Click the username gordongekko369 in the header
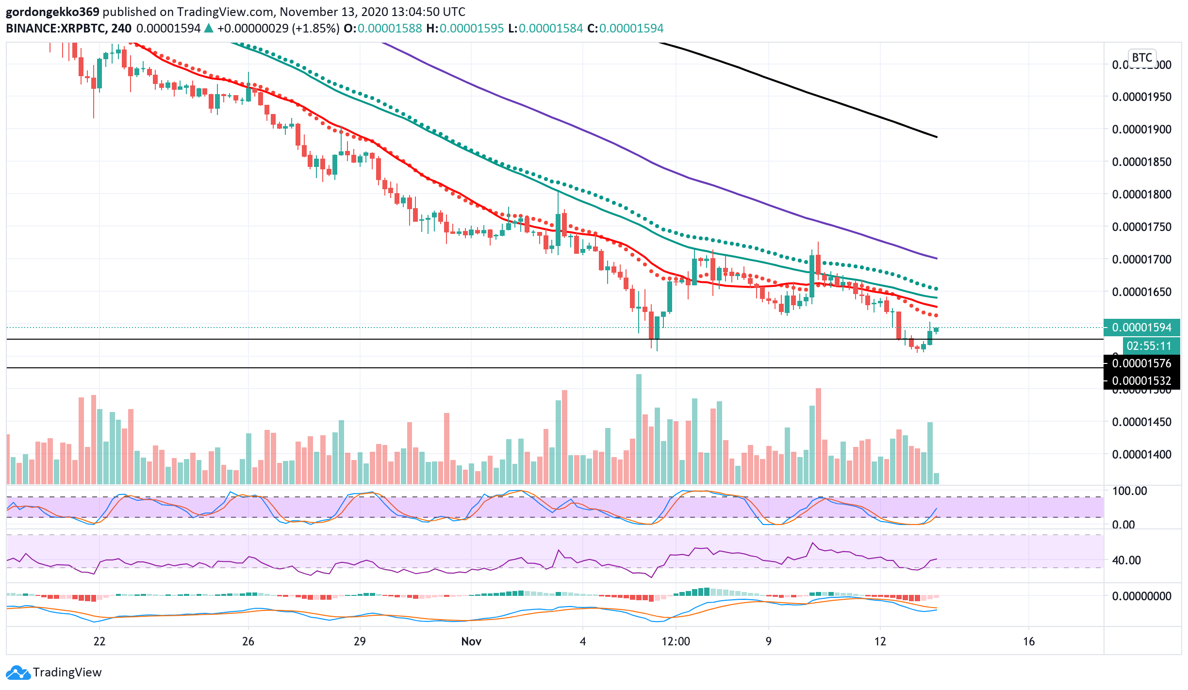[x=52, y=12]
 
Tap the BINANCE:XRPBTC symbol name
[x=56, y=28]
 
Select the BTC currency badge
[x=1142, y=58]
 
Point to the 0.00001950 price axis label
[x=1141, y=97]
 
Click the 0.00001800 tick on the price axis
[x=1141, y=195]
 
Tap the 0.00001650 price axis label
[x=1141, y=292]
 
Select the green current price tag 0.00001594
[x=1141, y=328]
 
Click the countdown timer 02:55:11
[x=1149, y=346]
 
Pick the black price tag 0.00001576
[x=1141, y=363]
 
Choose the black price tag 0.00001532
[x=1141, y=381]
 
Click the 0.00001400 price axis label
[x=1141, y=455]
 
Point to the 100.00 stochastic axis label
[x=1129, y=491]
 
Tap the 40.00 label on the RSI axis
[x=1126, y=560]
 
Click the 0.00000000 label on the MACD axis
[x=1141, y=596]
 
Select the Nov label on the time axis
[x=471, y=641]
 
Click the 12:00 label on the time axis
[x=676, y=641]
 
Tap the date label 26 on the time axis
[x=248, y=641]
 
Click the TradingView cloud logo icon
[x=18, y=673]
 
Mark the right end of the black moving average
[x=937, y=137]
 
